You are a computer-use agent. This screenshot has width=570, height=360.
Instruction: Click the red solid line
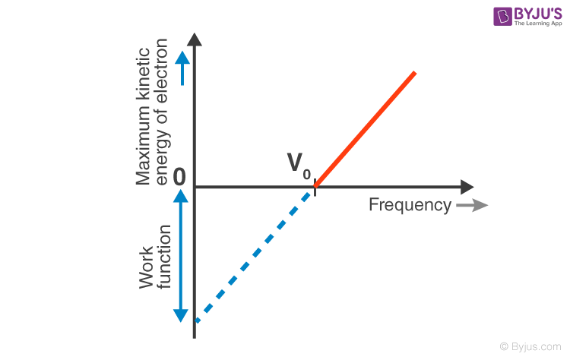point(365,129)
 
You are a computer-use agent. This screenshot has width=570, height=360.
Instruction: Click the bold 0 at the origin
point(179,177)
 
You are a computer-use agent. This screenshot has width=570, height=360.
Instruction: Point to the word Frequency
point(410,205)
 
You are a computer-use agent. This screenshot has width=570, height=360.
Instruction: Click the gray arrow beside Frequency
point(473,205)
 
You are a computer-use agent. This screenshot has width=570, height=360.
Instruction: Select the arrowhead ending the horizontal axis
point(467,187)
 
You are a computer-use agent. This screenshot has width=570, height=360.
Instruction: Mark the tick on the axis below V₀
point(315,187)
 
